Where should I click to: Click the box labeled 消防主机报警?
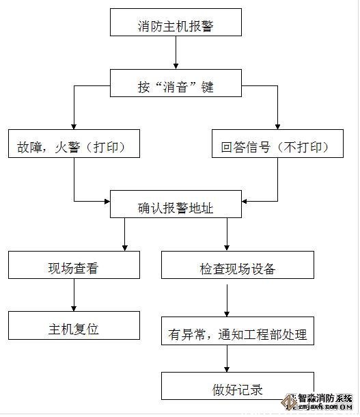tap(176, 27)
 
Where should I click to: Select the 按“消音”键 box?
tap(176, 87)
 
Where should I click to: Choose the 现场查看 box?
tap(74, 268)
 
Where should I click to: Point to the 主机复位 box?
tap(74, 328)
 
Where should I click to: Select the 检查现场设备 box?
tap(238, 268)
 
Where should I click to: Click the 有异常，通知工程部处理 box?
tap(238, 334)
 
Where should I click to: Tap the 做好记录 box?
tap(238, 390)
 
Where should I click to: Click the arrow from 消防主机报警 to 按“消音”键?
tap(176, 54)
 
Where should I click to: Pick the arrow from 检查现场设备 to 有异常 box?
tap(227, 299)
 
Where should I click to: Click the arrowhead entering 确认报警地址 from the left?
tap(105, 201)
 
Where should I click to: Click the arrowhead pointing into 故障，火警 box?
tap(74, 125)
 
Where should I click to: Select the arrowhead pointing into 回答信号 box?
tap(278, 125)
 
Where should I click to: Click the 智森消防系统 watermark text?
tap(321, 399)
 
